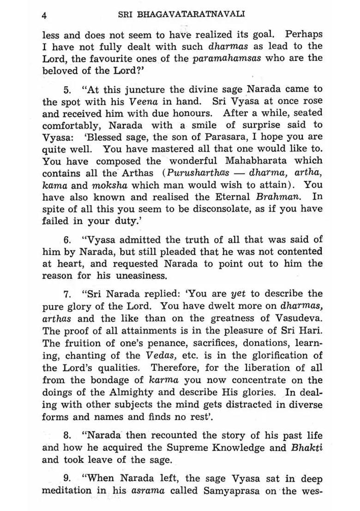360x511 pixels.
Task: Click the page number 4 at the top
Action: click(44, 15)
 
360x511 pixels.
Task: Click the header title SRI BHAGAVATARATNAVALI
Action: click(181, 14)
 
